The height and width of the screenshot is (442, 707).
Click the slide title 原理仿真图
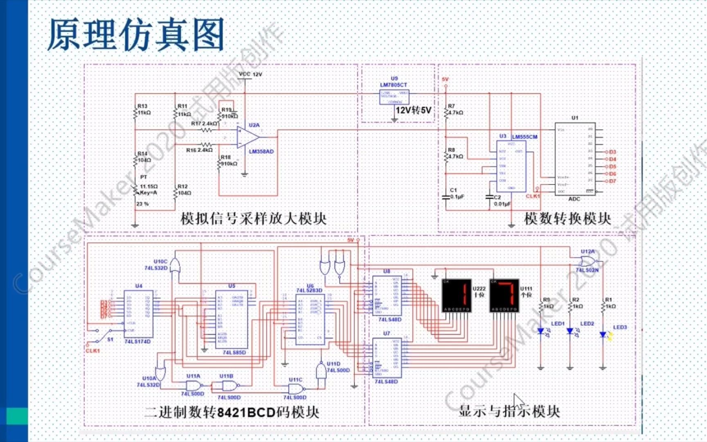click(x=136, y=35)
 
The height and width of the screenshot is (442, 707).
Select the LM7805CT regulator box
click(x=394, y=97)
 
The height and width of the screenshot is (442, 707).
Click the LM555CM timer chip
click(x=511, y=166)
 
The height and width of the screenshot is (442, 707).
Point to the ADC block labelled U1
click(x=575, y=159)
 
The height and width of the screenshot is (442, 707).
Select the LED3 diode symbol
click(x=603, y=335)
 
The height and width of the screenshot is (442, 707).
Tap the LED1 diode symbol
click(x=541, y=331)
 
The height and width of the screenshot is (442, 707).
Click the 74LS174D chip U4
click(x=139, y=314)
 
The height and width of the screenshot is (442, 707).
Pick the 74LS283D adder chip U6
click(x=310, y=319)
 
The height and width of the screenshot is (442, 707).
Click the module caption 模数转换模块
click(x=567, y=219)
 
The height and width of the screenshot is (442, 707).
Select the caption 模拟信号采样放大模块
click(x=254, y=219)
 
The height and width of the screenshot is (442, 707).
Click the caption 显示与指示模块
click(x=509, y=411)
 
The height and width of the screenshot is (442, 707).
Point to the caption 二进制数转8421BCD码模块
click(x=232, y=412)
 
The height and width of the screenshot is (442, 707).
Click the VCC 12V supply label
click(x=250, y=74)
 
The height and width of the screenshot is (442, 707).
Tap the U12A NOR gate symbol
click(x=588, y=261)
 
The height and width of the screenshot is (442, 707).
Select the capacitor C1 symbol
click(x=446, y=197)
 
